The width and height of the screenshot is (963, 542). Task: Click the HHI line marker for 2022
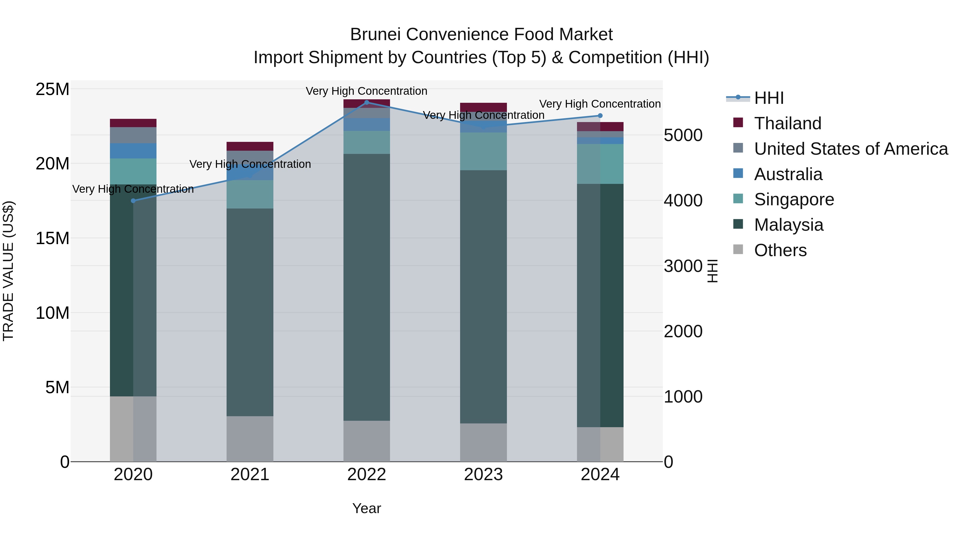366,102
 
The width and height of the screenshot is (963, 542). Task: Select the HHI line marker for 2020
133,201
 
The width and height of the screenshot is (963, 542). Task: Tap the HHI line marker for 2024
600,116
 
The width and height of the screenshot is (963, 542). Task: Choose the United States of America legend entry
850,149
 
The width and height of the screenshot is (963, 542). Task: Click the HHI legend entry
769,98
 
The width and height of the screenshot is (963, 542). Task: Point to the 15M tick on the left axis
52,238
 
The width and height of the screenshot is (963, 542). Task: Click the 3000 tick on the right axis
683,266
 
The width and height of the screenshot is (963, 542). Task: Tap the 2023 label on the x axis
483,475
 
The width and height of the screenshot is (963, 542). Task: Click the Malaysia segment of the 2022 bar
366,287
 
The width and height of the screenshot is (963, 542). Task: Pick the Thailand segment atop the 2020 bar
133,123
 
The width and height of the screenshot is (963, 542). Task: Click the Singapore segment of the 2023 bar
483,151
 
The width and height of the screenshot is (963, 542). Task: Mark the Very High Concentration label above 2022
366,91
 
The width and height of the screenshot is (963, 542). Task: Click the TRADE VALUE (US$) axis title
8,271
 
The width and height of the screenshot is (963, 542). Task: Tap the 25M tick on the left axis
52,89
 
